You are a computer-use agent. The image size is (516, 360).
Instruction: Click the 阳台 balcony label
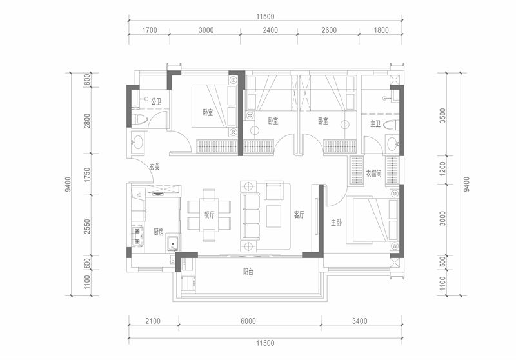(248, 272)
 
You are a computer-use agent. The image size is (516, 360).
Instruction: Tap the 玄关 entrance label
(155, 167)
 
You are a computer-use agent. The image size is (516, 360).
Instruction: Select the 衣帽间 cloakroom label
(374, 174)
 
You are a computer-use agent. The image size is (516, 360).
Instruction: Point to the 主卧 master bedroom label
(336, 223)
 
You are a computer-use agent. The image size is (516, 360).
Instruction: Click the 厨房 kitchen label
(158, 232)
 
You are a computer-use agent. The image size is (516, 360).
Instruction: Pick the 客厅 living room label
(299, 215)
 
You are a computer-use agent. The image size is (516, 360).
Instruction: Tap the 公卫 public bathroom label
(156, 101)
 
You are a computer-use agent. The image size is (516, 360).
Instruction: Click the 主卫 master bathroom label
(375, 124)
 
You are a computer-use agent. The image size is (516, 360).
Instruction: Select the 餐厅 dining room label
(209, 215)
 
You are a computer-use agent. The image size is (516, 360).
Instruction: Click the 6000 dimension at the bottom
(248, 321)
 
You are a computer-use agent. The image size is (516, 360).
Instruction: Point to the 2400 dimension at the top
(270, 30)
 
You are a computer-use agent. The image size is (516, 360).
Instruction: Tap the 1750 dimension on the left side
(87, 175)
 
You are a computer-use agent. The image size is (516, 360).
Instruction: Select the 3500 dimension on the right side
(443, 115)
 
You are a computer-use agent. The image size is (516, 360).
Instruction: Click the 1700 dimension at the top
(150, 30)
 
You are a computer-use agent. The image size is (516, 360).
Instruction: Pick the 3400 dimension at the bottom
(359, 321)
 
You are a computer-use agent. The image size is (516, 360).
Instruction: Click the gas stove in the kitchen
(137, 236)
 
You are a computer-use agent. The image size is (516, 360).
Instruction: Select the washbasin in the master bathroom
(392, 144)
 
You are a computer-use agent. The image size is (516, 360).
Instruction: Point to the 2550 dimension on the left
(87, 226)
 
